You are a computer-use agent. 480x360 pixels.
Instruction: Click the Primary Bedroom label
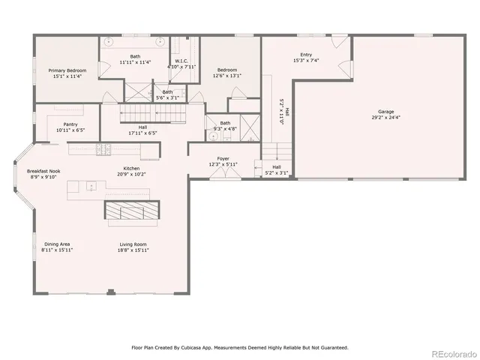point(67,70)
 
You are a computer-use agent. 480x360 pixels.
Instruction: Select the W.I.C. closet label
point(181,61)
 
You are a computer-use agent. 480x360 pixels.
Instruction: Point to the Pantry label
point(70,124)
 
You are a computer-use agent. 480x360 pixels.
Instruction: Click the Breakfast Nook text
point(43,171)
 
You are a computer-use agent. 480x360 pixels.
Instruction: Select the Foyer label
point(223,159)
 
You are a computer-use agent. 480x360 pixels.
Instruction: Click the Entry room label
point(306,55)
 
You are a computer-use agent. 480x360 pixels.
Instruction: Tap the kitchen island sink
point(91,185)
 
